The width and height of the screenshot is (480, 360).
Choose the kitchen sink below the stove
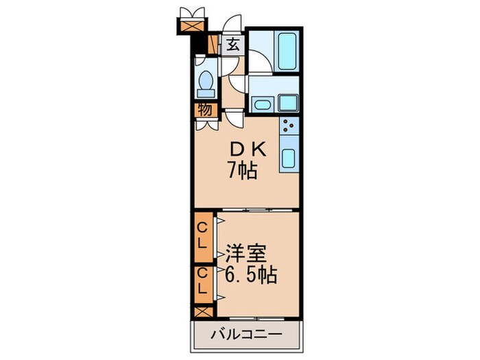289,159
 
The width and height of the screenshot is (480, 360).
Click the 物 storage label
205,110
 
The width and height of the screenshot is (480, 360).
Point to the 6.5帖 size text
250,275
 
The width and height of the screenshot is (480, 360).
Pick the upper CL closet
204,235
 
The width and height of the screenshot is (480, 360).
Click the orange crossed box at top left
190,25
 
